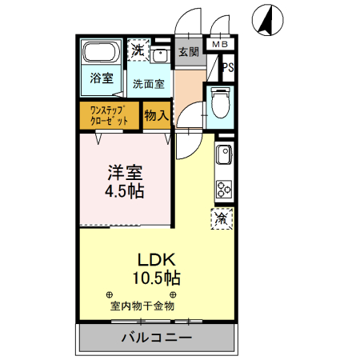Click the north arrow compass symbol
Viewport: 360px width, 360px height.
[267, 20]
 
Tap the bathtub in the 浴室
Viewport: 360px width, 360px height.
[102, 52]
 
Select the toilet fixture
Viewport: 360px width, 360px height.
[220, 103]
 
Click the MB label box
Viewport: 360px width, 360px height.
[220, 44]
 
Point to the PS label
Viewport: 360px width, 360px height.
[228, 67]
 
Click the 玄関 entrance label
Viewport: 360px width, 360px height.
[189, 52]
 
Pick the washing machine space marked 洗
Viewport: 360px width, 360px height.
[138, 50]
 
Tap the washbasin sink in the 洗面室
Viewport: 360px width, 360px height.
[159, 55]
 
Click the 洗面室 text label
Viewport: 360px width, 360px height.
[149, 84]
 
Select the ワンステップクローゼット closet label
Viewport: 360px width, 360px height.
[109, 116]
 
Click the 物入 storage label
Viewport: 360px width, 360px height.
[157, 116]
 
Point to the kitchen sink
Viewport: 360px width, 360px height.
[224, 155]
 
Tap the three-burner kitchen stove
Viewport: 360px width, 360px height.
[224, 189]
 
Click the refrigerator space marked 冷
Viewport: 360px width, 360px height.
[222, 218]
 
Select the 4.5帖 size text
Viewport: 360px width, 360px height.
[125, 191]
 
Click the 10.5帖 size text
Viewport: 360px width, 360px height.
[157, 278]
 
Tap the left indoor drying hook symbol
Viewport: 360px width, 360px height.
[109, 295]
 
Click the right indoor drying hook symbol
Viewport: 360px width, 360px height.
[173, 295]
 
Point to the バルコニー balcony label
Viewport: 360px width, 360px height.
[157, 338]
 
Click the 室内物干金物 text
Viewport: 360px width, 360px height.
[142, 306]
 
